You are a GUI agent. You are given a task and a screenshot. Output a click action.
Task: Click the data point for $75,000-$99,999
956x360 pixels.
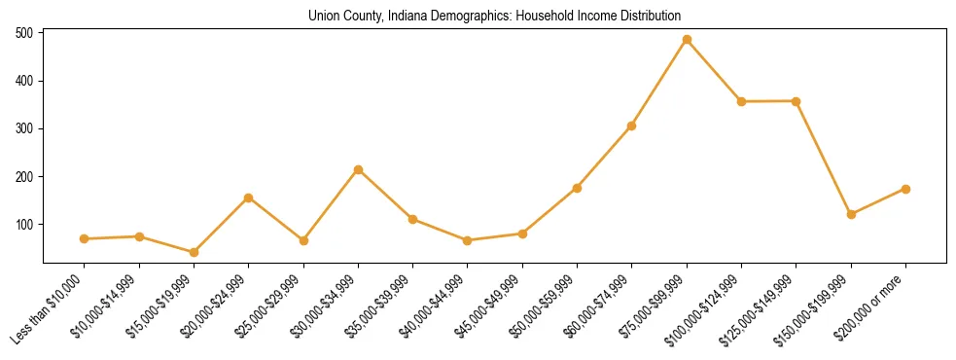[687, 40]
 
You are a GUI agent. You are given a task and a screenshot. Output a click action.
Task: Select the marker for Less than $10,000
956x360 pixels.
[85, 238]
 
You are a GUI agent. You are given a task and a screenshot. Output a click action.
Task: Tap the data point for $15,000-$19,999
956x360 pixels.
[194, 252]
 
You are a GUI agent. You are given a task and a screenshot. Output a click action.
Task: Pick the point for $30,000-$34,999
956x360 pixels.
[358, 169]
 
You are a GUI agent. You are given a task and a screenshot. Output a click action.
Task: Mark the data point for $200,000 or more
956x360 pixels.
[905, 189]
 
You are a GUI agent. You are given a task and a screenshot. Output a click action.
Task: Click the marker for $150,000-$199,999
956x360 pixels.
[851, 214]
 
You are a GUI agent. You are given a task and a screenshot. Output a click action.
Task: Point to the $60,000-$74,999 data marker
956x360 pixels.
[632, 126]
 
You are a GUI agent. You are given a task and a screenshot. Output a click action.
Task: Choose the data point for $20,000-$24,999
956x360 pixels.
[249, 198]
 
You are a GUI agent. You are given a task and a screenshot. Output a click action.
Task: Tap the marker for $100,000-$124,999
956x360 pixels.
[741, 101]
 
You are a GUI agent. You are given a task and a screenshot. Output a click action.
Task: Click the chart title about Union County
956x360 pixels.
[494, 16]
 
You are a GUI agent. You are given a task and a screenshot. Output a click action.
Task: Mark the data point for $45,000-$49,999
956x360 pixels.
[522, 234]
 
